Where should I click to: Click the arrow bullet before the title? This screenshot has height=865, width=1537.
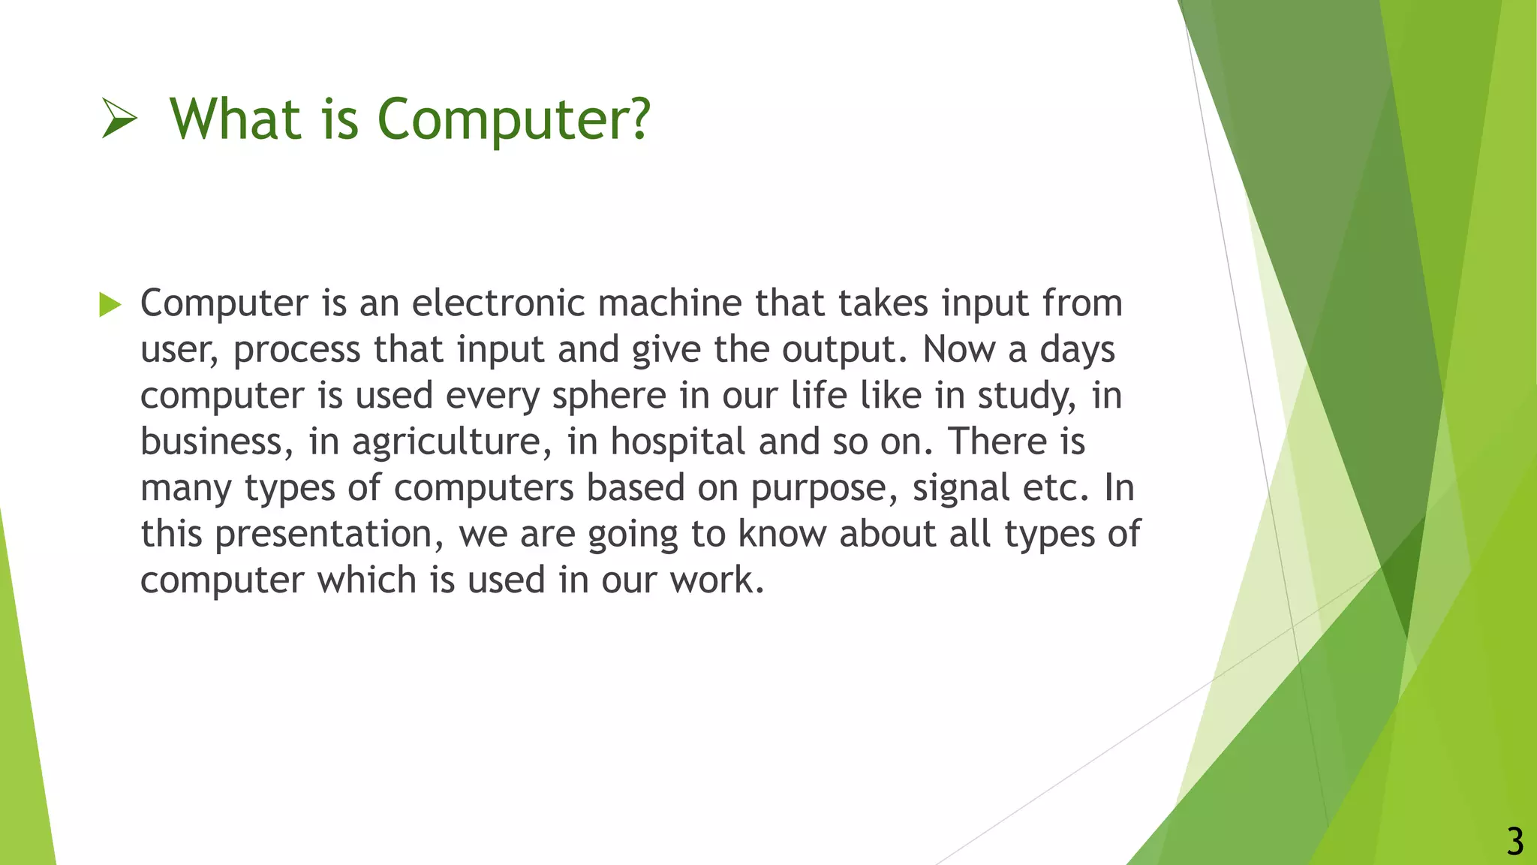(119, 120)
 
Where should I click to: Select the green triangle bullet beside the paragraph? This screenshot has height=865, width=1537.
(110, 304)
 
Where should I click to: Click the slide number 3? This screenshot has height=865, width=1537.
(1514, 842)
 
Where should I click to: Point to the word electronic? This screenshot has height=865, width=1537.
(498, 303)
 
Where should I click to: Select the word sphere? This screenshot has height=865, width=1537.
(609, 396)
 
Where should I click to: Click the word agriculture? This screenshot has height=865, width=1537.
(446, 442)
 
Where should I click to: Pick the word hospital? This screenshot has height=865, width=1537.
(678, 442)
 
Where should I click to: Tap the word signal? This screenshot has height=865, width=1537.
(961, 489)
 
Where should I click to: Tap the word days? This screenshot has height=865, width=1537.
(1078, 350)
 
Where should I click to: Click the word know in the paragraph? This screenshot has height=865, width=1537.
(782, 534)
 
